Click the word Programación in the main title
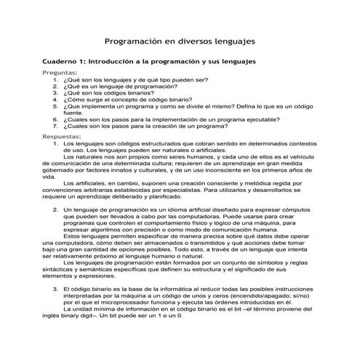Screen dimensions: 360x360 137,42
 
